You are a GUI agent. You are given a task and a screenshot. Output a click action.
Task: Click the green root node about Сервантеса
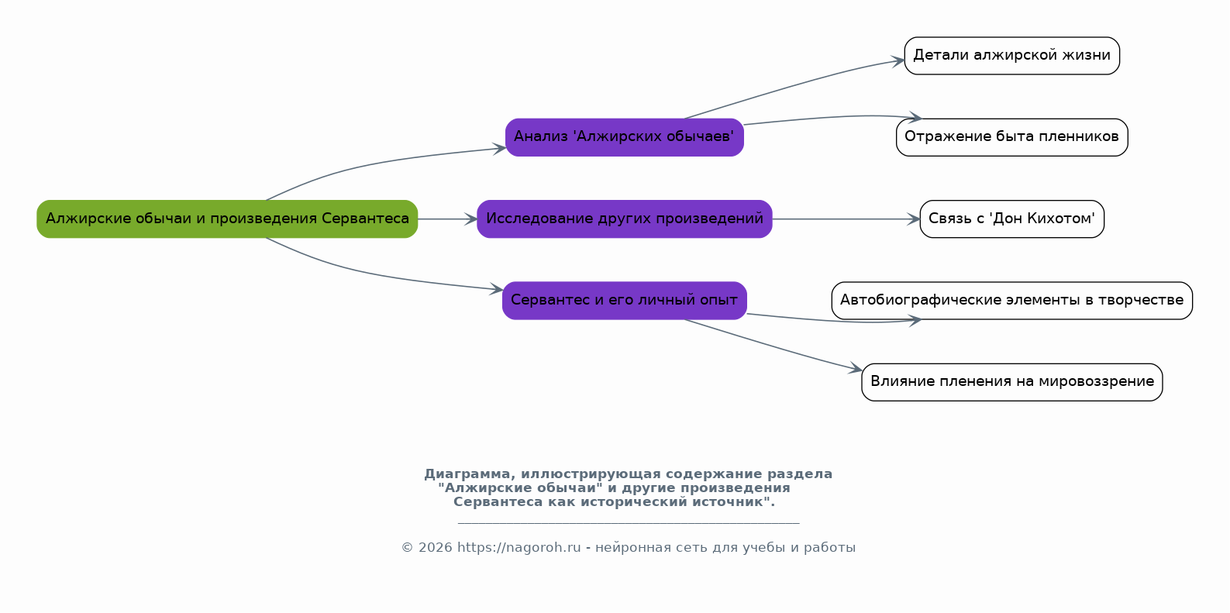coord(227,219)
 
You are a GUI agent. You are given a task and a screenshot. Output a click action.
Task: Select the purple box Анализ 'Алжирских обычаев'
coord(625,137)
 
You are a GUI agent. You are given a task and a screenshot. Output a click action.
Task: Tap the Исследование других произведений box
coord(625,219)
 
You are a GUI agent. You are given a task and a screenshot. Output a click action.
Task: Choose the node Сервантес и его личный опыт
coord(625,301)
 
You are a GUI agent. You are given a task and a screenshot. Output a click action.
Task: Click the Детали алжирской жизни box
coord(1012,56)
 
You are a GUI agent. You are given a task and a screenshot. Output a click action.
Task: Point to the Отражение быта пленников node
coord(1012,137)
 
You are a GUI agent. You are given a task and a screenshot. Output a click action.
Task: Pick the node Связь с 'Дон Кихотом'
coord(1012,219)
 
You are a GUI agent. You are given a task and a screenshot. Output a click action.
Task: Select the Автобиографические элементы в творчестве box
coord(1012,301)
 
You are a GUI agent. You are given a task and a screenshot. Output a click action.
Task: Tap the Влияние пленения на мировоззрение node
coord(1012,382)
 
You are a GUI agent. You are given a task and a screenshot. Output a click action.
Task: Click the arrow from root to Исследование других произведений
coord(447,219)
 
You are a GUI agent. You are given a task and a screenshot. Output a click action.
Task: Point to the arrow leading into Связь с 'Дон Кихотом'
coord(846,219)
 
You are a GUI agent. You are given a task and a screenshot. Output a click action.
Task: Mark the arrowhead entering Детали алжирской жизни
coord(898,60)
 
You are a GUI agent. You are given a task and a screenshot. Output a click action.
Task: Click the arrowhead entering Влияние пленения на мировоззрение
coord(856,368)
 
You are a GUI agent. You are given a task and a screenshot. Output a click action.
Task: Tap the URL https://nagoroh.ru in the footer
coord(519,548)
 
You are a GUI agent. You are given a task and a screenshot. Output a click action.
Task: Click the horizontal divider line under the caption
coord(629,523)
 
